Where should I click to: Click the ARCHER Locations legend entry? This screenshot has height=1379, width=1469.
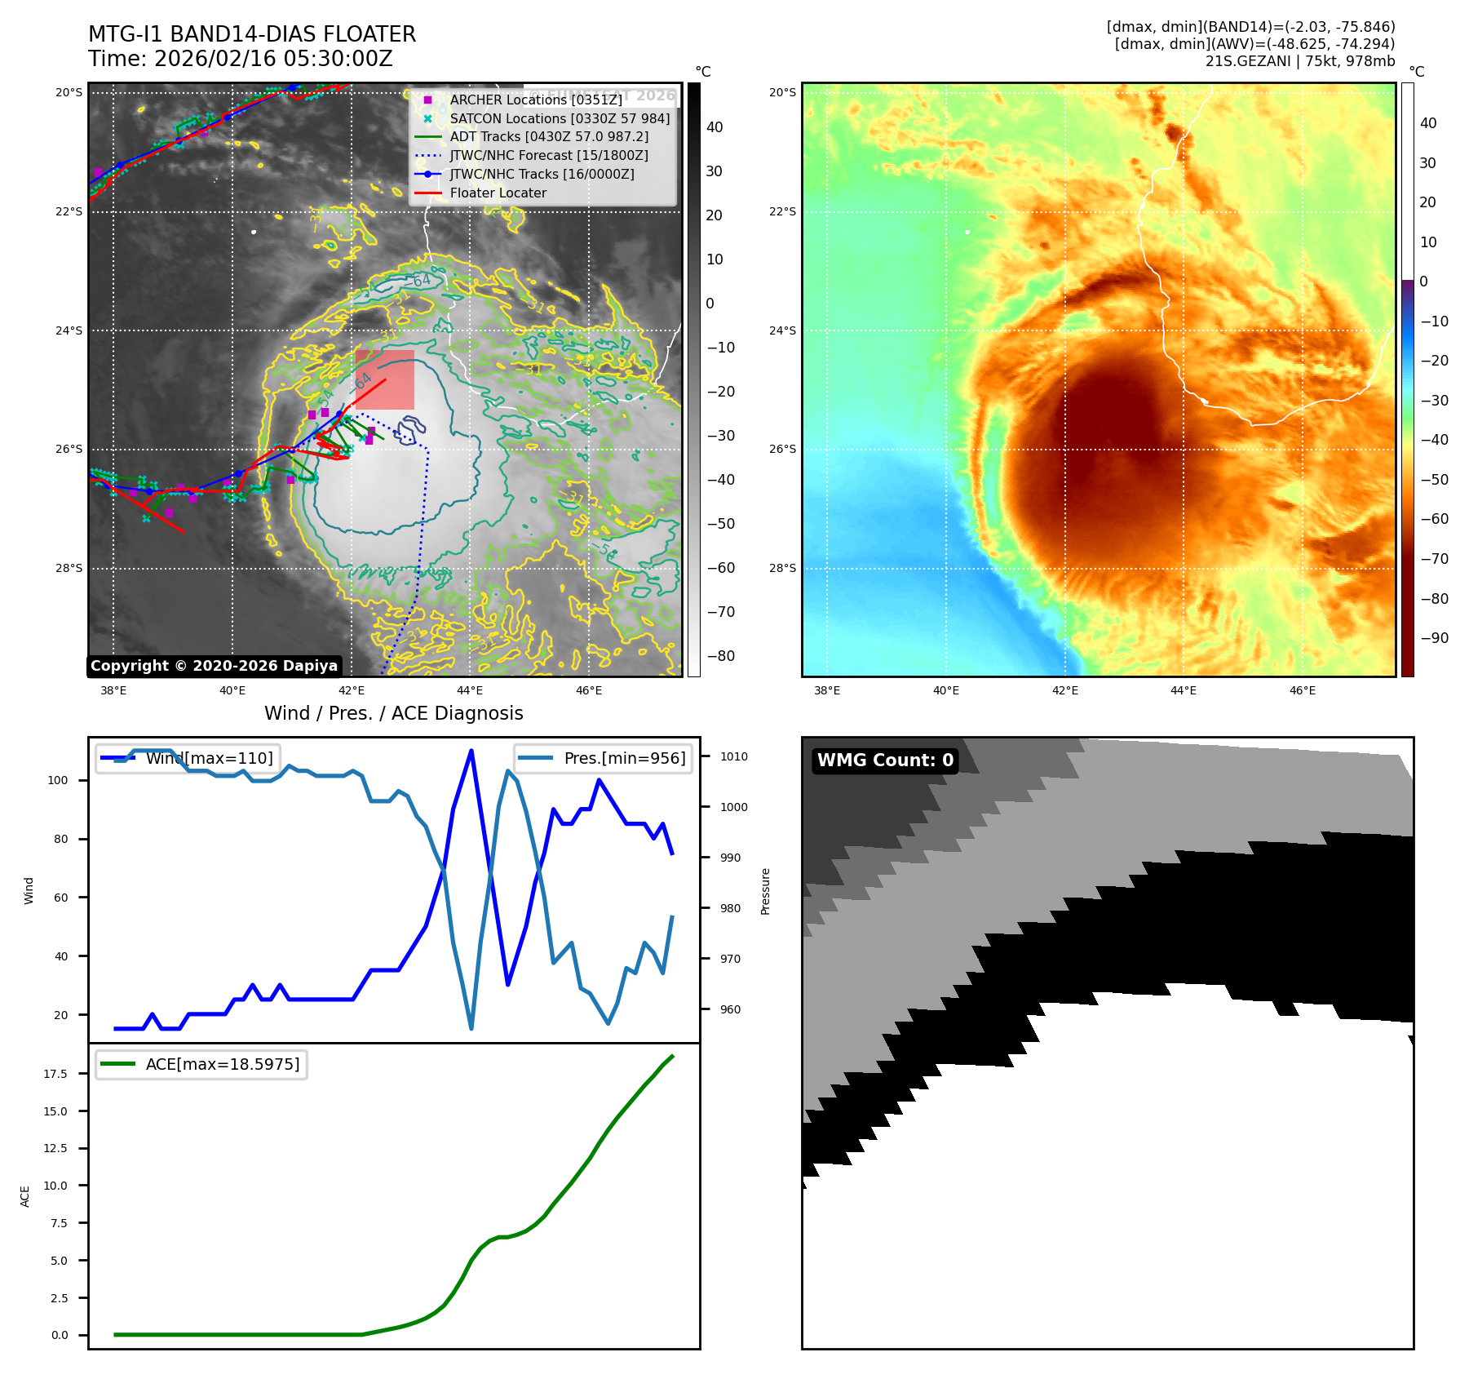click(x=535, y=100)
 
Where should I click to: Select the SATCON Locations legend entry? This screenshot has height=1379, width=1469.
click(x=560, y=118)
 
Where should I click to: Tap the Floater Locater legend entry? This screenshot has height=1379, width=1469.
click(x=498, y=193)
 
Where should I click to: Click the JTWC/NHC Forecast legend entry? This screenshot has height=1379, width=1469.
click(x=549, y=155)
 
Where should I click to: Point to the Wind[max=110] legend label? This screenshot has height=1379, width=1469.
click(x=209, y=758)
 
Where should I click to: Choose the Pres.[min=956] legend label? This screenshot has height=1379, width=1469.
click(x=625, y=758)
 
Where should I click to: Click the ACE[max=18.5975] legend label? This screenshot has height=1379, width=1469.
click(x=222, y=1064)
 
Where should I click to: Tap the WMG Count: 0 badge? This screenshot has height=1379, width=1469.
click(x=885, y=760)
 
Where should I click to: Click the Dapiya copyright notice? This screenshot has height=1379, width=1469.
click(x=214, y=666)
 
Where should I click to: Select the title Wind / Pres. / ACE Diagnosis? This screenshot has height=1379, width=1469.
click(x=393, y=713)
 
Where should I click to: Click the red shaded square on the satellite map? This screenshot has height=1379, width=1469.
click(x=384, y=379)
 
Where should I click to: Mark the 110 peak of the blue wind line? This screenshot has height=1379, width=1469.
click(x=471, y=752)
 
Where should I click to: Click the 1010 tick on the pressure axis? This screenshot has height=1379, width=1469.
click(x=733, y=756)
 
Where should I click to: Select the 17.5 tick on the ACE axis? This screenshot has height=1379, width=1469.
click(x=55, y=1074)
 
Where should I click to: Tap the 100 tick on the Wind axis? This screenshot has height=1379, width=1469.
click(x=58, y=780)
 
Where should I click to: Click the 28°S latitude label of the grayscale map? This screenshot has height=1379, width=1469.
click(x=69, y=568)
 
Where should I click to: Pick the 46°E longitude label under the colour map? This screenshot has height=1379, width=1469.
click(x=1302, y=690)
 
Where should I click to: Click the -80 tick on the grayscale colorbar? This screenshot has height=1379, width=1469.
click(x=720, y=656)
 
